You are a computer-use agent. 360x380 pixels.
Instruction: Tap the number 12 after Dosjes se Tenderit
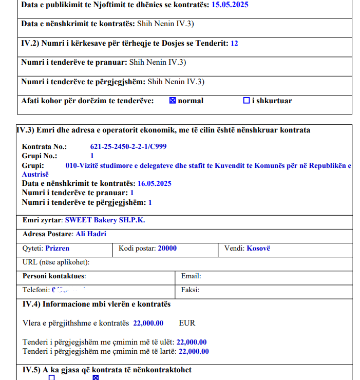[x=234, y=43]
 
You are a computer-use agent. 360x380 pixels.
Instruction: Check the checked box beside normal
[x=173, y=101]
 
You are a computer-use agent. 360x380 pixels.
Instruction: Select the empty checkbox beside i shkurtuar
[x=246, y=101]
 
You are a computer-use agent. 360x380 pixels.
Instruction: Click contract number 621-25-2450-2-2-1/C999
[x=128, y=147]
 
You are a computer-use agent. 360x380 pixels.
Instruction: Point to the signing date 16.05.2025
[x=155, y=183]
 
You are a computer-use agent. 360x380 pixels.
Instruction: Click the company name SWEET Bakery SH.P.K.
[x=105, y=220]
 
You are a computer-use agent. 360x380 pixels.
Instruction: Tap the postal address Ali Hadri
[x=91, y=234]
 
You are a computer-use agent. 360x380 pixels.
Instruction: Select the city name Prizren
[x=58, y=248]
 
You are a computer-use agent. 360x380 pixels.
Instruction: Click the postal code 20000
[x=167, y=248]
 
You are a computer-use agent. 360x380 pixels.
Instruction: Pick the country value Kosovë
[x=258, y=248]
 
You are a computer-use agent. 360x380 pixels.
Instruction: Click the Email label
[x=191, y=276]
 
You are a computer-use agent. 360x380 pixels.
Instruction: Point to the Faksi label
[x=190, y=290]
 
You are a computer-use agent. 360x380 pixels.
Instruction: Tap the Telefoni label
[x=36, y=290]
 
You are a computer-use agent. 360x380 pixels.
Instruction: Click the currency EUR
[x=187, y=323]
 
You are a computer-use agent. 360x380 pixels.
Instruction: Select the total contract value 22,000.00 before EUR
[x=148, y=323]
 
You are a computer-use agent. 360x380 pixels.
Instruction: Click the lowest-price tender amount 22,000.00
[x=192, y=342]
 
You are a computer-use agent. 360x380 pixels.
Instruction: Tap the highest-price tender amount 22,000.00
[x=194, y=351]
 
